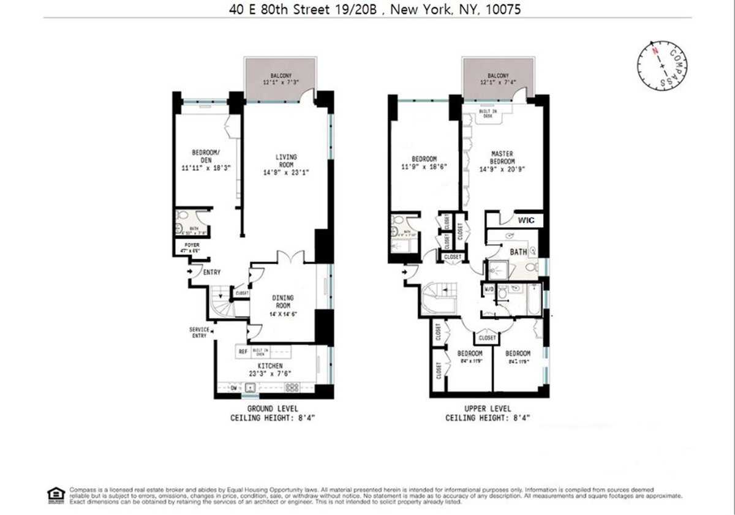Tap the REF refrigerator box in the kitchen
243,352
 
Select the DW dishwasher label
233,387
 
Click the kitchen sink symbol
251,387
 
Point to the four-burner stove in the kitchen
292,387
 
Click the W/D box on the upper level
489,289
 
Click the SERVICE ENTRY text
200,333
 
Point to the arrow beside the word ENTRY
190,271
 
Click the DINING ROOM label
283,301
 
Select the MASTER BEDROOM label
502,157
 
